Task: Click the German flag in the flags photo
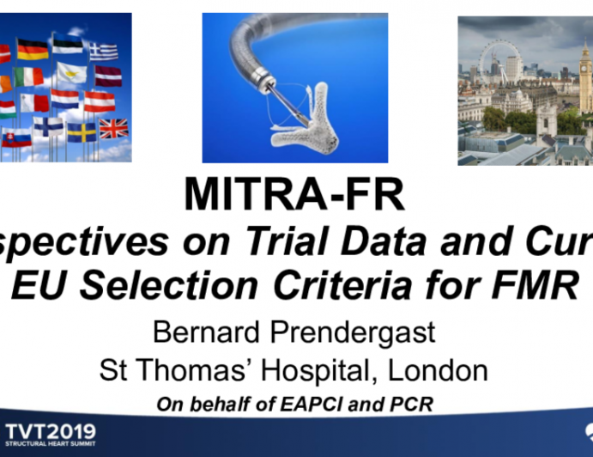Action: [x=33, y=50]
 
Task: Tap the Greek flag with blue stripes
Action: [x=104, y=50]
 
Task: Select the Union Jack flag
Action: [x=112, y=128]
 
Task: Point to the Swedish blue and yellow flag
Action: [x=82, y=131]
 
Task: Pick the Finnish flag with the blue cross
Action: [x=48, y=125]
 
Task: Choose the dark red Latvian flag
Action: [x=107, y=76]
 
